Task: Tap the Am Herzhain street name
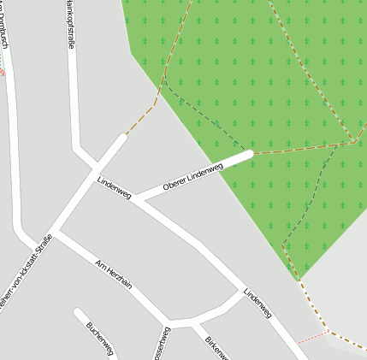coord(114,274)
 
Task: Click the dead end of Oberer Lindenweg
coord(248,155)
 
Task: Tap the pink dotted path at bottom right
coord(312,338)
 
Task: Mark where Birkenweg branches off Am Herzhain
coord(193,323)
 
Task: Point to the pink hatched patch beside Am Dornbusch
coord(2,70)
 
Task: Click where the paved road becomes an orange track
coord(127,134)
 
